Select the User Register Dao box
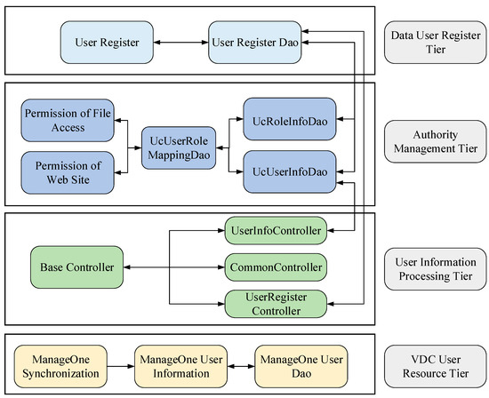coord(253,41)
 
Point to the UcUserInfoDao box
coord(287,169)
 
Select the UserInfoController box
coord(274,232)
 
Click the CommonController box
coord(274,266)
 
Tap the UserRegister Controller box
coord(274,304)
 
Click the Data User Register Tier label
coord(433,41)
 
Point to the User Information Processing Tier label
coord(433,266)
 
